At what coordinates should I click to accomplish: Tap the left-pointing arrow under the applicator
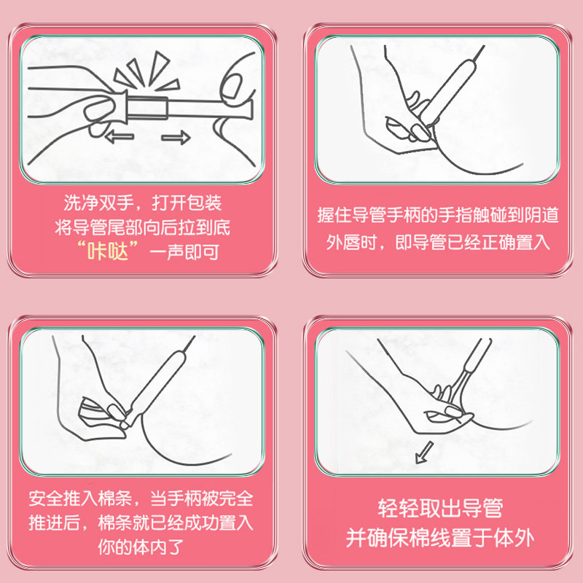[x=120, y=136]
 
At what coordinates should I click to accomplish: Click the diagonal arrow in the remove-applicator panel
[x=422, y=455]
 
